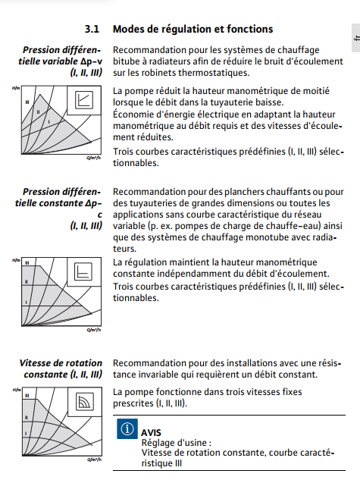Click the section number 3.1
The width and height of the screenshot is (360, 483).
tap(92, 29)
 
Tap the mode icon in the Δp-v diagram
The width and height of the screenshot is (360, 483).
tap(84, 100)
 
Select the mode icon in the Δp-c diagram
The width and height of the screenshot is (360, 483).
tap(83, 271)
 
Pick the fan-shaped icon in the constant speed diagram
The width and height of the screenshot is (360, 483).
tap(85, 401)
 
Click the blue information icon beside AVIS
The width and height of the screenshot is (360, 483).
tap(127, 428)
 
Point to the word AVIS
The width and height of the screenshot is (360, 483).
tap(151, 432)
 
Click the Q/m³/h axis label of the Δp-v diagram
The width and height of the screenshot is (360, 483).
tap(94, 158)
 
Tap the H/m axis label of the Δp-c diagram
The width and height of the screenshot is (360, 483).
tap(16, 260)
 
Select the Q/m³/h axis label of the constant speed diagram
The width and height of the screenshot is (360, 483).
tap(94, 459)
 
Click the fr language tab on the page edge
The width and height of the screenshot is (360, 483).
tap(357, 38)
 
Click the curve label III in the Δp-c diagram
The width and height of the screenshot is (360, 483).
tap(27, 263)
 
